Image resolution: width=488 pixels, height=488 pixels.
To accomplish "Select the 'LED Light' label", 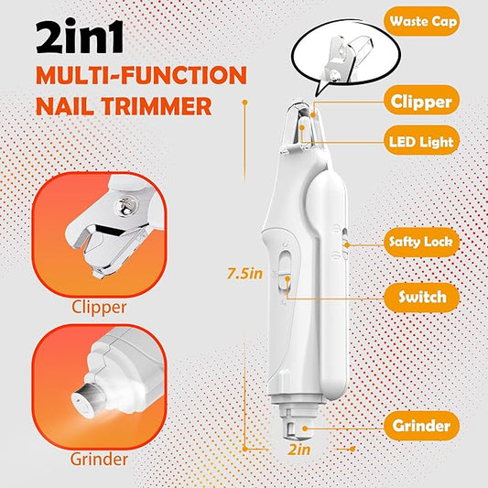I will click(x=422, y=142).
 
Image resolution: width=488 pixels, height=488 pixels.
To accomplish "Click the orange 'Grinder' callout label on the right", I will click(x=422, y=426).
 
